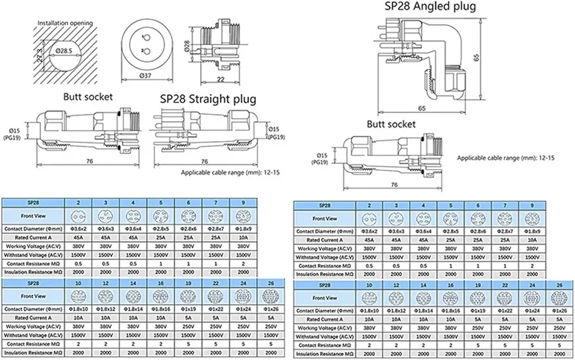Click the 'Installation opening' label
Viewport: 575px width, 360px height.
(x=65, y=23)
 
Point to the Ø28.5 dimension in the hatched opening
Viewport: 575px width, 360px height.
(x=63, y=51)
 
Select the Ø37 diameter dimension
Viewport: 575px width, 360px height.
(x=145, y=76)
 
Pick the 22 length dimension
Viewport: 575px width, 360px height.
(x=220, y=79)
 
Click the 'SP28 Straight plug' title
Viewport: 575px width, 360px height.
(x=208, y=99)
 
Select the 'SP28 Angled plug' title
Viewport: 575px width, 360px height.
(x=430, y=6)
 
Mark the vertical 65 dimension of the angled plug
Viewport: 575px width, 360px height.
(x=476, y=58)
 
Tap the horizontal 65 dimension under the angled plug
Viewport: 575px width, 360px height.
(x=422, y=108)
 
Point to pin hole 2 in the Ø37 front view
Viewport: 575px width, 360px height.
(x=144, y=51)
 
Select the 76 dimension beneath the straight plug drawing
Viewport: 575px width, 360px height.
(x=204, y=161)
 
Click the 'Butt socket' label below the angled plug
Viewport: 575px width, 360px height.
(x=391, y=124)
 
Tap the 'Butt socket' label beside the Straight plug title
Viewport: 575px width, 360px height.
(x=88, y=97)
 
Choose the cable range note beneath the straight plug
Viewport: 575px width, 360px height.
(x=230, y=173)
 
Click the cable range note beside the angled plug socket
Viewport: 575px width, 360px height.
(x=505, y=158)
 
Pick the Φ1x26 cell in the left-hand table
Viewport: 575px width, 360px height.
(x=271, y=309)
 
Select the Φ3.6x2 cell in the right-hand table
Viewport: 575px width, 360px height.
(x=369, y=231)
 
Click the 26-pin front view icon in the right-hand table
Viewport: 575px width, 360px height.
(x=559, y=298)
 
